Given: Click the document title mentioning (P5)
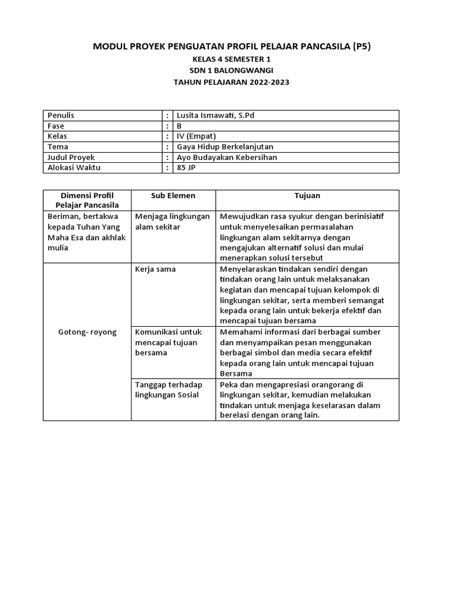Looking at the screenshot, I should click(232, 46).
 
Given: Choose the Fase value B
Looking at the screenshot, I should click(180, 126).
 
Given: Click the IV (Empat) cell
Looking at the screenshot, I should click(197, 136).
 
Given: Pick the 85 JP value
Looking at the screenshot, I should click(186, 168).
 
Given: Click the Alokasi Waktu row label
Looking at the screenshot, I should click(71, 168).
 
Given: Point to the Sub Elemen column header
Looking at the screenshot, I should click(173, 195).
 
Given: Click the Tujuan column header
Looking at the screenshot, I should click(307, 195).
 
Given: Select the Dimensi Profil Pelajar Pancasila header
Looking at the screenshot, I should click(87, 200).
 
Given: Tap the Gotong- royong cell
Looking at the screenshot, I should click(87, 332).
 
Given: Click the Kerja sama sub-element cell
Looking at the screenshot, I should click(156, 269).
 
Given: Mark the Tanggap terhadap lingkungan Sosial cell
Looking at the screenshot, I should click(167, 389).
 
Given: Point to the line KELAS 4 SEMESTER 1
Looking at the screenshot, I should click(231, 60).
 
